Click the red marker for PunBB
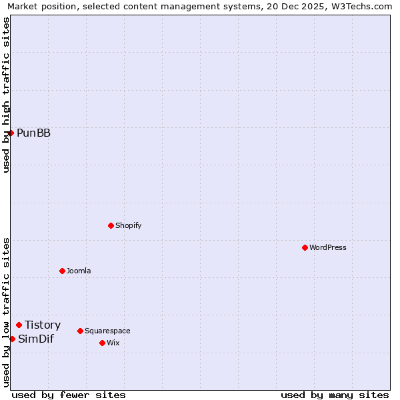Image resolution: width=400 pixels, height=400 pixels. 11,133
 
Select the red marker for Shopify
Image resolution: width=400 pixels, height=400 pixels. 111,225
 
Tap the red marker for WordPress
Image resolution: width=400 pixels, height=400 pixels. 305,247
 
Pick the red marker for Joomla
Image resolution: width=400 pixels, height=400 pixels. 62,271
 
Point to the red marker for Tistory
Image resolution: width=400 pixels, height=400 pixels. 19,325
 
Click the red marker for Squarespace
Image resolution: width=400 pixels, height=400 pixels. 80,331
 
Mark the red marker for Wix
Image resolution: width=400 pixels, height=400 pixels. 102,343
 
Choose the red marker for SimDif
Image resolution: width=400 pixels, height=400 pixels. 12,339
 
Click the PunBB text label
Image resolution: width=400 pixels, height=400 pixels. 33,133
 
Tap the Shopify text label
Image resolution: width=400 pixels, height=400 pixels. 128,225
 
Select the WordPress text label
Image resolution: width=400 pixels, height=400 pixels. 327,247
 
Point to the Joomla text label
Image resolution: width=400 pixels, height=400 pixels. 79,271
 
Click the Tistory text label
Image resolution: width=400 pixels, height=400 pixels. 43,325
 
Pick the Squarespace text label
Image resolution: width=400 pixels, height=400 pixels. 107,331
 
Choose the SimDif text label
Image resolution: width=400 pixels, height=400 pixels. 36,339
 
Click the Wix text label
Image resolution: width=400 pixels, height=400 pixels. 113,343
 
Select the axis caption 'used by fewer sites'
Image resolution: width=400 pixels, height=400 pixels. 69,395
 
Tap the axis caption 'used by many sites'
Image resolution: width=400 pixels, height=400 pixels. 335,395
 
